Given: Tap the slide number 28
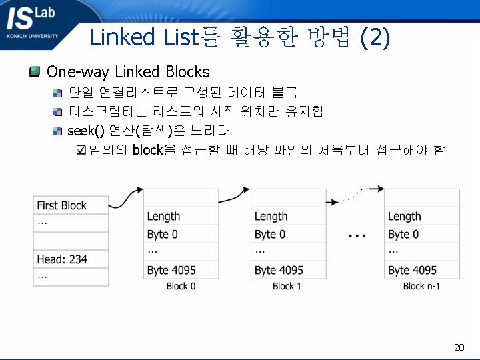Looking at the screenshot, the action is click(459, 347).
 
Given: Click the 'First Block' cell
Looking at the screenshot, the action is click(71, 205).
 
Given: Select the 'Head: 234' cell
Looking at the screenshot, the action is click(71, 259).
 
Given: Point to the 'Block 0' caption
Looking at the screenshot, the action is click(181, 286).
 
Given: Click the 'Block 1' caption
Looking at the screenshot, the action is click(287, 286).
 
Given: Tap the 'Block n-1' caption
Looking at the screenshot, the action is click(421, 286).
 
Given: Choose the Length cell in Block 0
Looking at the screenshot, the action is click(181, 216).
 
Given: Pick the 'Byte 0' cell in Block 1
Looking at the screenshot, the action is click(288, 234).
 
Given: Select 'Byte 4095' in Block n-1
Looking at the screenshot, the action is click(422, 270).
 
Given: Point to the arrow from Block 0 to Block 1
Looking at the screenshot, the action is click(235, 195).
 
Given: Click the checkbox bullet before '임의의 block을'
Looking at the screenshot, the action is click(82, 150).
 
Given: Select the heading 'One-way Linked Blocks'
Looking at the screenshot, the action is click(128, 72).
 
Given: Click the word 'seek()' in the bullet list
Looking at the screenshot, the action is click(87, 130).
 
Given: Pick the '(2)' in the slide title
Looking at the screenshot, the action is click(375, 38).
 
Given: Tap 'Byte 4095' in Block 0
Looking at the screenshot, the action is click(181, 270).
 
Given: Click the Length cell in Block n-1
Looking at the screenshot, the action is click(422, 216).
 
